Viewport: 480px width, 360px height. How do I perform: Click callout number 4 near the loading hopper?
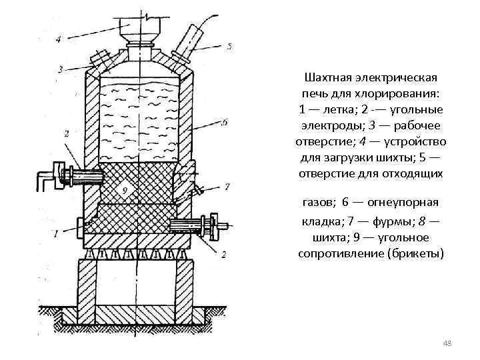(58, 39)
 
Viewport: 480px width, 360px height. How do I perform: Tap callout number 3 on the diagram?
(60, 69)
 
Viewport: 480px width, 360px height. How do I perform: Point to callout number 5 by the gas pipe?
(229, 46)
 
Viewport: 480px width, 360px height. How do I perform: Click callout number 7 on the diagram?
(227, 186)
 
